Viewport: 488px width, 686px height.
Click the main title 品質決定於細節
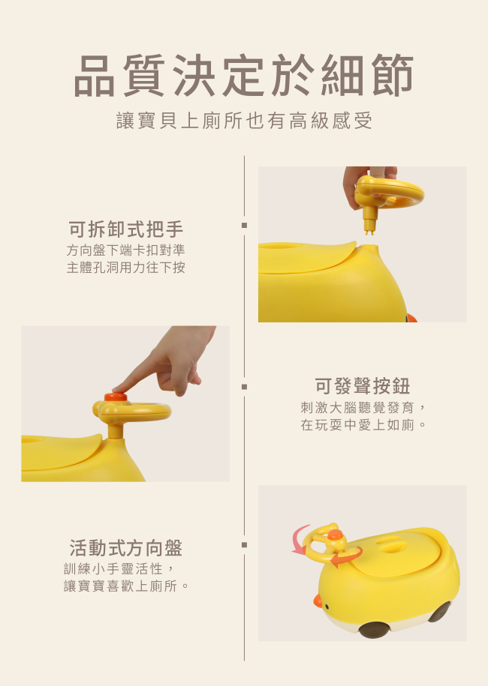pyautogui.click(x=243, y=75)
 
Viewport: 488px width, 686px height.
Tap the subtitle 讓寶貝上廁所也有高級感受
pyautogui.click(x=245, y=121)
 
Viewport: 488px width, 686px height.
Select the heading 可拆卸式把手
pyautogui.click(x=125, y=229)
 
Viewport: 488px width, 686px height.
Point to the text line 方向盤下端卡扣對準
pyautogui.click(x=125, y=250)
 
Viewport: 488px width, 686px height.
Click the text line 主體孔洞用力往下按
pyautogui.click(x=125, y=268)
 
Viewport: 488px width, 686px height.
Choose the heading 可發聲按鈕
pyautogui.click(x=363, y=386)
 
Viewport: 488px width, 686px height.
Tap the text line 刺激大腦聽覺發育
pyautogui.click(x=357, y=407)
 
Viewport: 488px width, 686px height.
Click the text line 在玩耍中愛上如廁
pyautogui.click(x=357, y=424)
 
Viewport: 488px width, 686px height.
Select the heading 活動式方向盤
pyautogui.click(x=125, y=548)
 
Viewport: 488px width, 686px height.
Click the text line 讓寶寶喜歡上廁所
pyautogui.click(x=120, y=586)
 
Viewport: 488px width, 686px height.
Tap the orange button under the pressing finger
pyautogui.click(x=116, y=397)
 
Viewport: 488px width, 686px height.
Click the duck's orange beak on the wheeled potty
pyautogui.click(x=318, y=601)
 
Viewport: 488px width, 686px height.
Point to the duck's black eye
pyautogui.click(x=327, y=607)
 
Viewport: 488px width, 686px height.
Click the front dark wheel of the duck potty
pyautogui.click(x=374, y=630)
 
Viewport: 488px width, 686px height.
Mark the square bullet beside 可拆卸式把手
pyautogui.click(x=245, y=226)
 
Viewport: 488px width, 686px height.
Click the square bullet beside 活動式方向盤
pyautogui.click(x=245, y=545)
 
